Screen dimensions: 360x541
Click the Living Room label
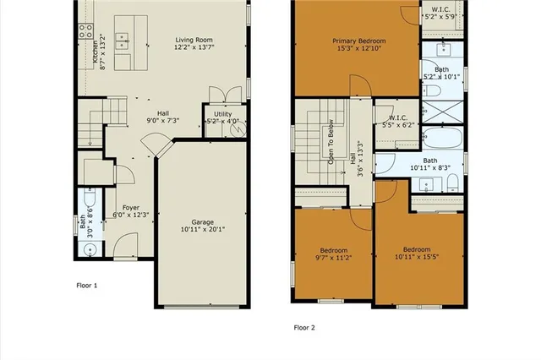194,40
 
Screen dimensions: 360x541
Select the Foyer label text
130,206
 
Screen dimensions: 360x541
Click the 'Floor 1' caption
87,286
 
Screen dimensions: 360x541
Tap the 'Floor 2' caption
305,327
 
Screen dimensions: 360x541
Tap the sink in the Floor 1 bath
90,248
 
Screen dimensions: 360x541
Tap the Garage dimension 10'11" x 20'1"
202,228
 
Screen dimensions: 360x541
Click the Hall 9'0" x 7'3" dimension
158,121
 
